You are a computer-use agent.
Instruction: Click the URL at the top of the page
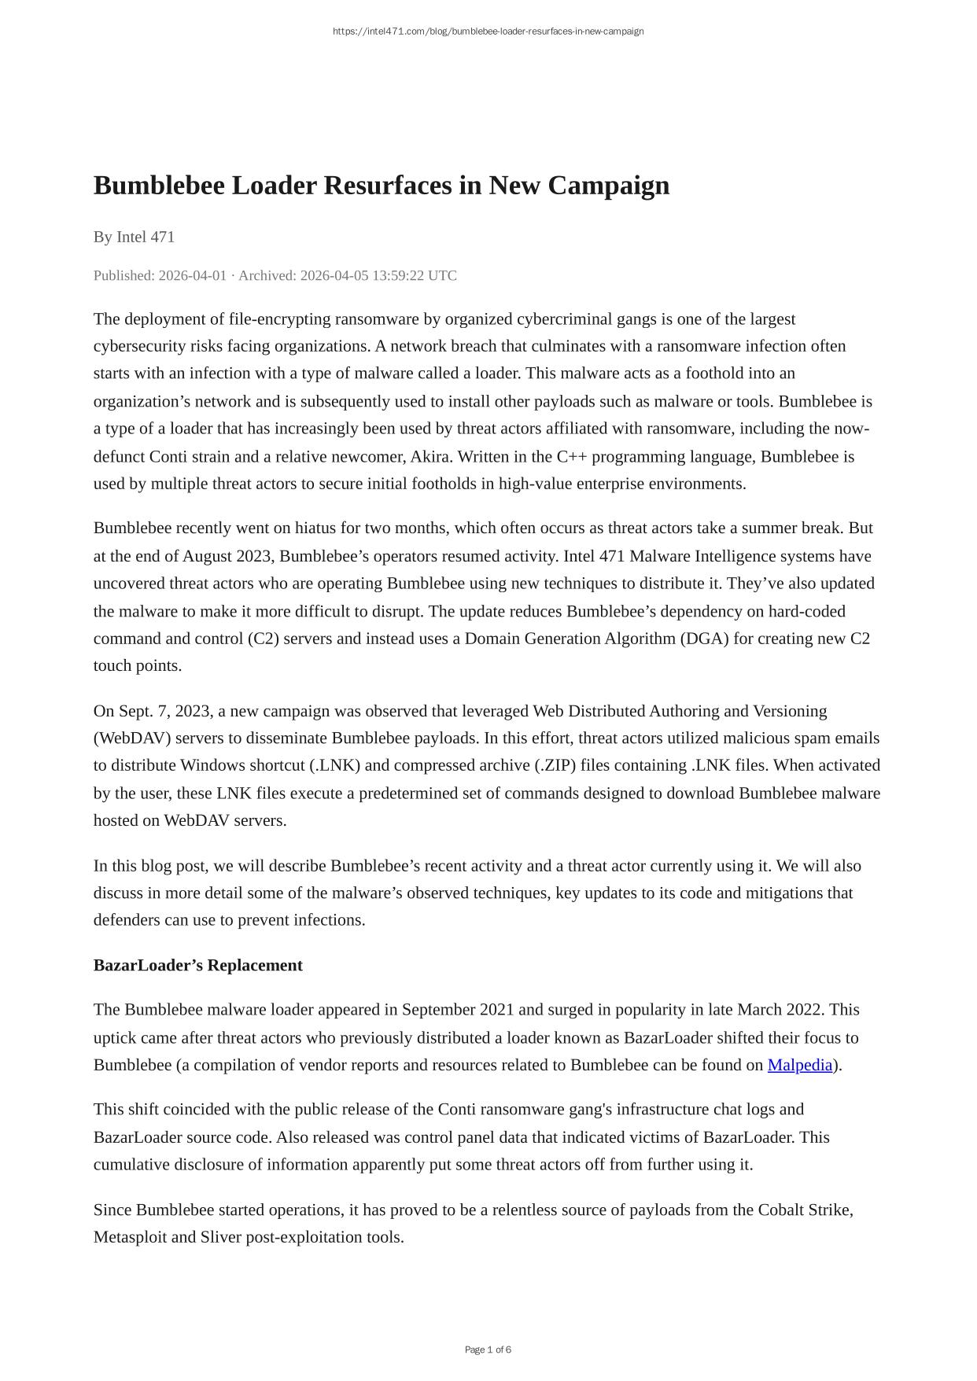click(x=488, y=31)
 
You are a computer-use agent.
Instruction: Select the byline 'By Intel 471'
click(x=134, y=237)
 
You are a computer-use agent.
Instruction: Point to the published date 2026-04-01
click(x=192, y=275)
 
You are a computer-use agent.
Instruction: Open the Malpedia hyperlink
click(x=799, y=1065)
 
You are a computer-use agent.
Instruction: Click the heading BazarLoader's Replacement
click(x=197, y=965)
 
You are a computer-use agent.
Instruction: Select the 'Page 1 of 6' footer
click(x=488, y=1350)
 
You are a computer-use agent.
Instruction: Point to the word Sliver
click(x=220, y=1237)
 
